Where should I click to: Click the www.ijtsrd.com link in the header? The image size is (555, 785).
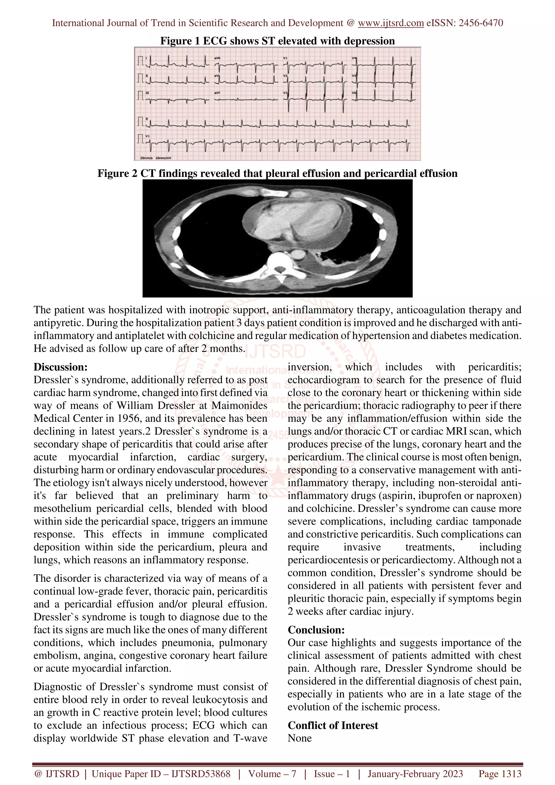tap(391, 23)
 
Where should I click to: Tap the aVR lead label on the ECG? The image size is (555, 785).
tap(217, 59)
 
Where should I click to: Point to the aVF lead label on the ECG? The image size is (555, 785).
tap(217, 93)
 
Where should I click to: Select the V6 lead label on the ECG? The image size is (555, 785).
tap(354, 93)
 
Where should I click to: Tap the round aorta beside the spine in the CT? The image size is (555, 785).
tap(298, 254)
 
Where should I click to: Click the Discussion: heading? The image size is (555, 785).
tap(60, 367)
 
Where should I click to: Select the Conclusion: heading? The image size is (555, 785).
tap(316, 630)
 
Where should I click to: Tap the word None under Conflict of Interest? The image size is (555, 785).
tap(299, 738)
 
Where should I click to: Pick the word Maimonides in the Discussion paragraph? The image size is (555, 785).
tap(239, 406)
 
